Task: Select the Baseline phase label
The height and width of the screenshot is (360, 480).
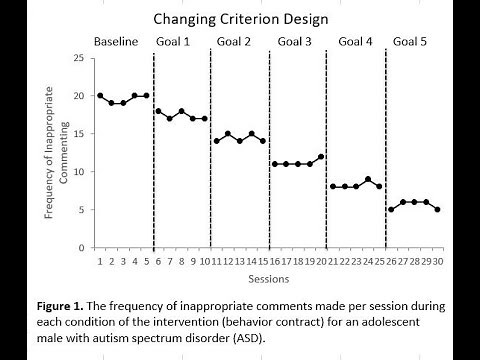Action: tap(115, 41)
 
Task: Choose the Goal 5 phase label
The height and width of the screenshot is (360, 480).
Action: tap(413, 41)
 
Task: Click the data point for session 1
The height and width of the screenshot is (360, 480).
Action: tap(100, 96)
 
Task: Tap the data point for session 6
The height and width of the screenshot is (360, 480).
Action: tap(158, 111)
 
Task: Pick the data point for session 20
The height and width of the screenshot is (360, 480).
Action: tap(321, 157)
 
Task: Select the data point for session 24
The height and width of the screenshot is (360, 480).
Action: tap(368, 179)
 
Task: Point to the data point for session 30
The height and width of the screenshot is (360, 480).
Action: tap(437, 210)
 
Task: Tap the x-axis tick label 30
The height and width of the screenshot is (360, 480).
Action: tap(437, 261)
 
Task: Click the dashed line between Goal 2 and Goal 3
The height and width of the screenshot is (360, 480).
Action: tap(269, 150)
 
